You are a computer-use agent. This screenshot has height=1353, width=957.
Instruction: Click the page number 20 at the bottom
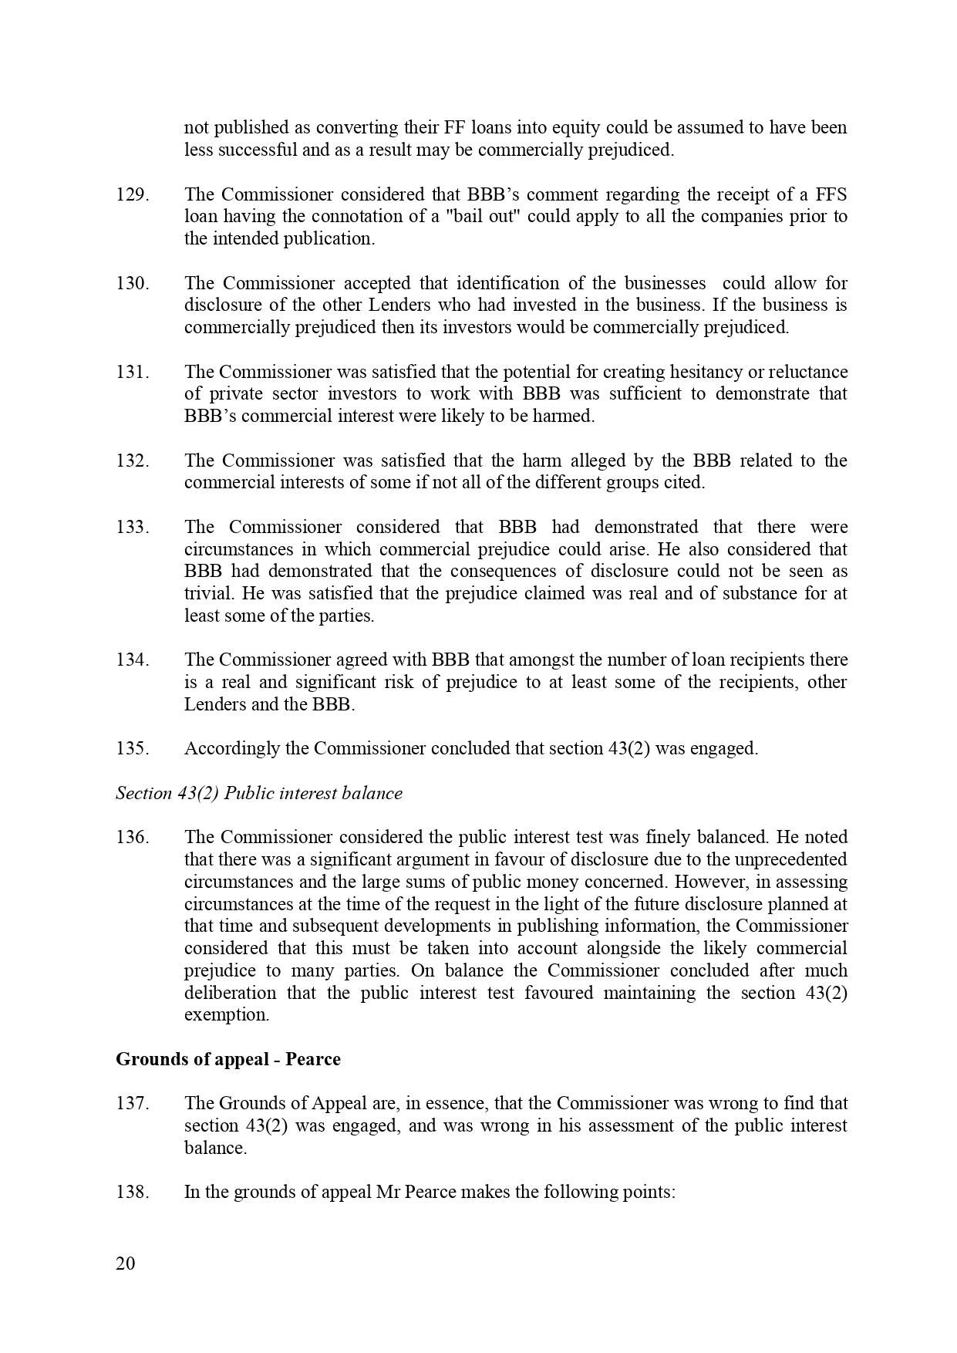[125, 1264]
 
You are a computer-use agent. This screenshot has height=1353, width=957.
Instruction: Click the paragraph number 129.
[132, 194]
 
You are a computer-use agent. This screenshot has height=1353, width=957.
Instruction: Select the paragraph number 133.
[132, 528]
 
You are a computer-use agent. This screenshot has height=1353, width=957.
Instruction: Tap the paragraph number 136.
[132, 838]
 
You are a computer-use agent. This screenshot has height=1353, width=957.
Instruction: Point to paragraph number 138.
[132, 1193]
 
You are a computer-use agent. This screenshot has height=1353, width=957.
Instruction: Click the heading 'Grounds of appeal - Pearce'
[228, 1059]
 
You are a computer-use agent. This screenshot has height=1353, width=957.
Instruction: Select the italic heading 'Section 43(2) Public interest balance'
[259, 794]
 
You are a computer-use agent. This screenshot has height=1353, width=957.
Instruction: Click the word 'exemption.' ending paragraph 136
[227, 1015]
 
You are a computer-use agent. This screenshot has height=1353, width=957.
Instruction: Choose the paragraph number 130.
[132, 284]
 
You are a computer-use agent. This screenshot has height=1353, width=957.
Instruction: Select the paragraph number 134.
[132, 660]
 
